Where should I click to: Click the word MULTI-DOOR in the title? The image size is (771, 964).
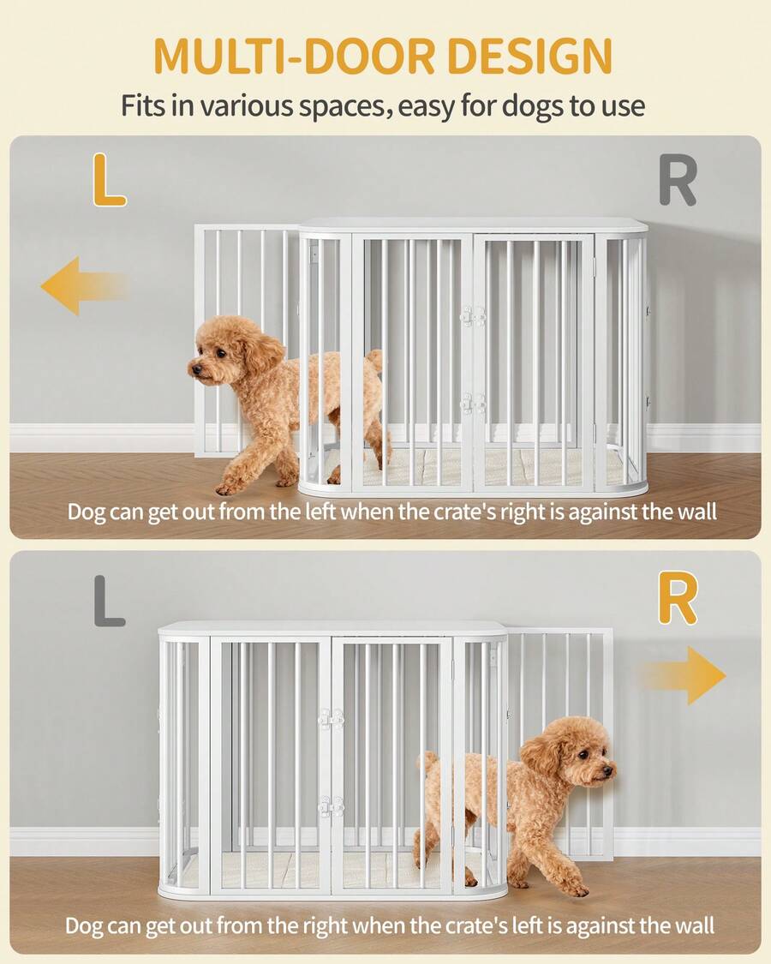click(298, 56)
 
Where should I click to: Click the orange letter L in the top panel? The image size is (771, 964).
click(109, 180)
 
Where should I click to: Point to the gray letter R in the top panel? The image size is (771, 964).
click(678, 180)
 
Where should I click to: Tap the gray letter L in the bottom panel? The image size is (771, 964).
click(110, 601)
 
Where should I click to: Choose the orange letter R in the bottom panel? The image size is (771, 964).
click(678, 598)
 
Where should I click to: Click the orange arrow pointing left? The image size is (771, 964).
click(85, 286)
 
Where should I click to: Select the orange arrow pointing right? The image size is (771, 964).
click(683, 675)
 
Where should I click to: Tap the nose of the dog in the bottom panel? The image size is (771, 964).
click(608, 769)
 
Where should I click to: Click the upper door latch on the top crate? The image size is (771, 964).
click(473, 315)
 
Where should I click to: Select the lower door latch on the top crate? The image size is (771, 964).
click(473, 403)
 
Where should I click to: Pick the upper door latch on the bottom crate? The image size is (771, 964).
click(331, 718)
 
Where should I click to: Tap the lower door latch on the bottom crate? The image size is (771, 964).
click(331, 806)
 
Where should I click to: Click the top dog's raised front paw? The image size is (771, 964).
click(228, 488)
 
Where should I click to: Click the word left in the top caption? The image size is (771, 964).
click(321, 511)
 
